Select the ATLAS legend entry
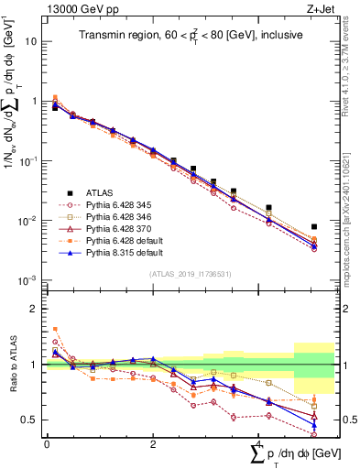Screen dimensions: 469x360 pyautogui.click(x=100, y=192)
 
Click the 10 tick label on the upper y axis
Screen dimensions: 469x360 pyautogui.click(x=31, y=42)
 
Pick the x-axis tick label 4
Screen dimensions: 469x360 pyautogui.click(x=259, y=444)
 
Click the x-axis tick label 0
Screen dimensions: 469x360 pyautogui.click(x=47, y=444)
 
